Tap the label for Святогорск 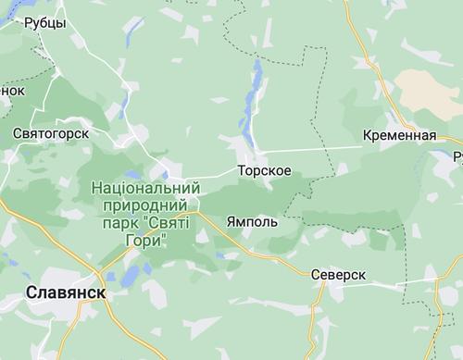(50, 133)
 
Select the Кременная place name (400, 136)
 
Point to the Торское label (265, 172)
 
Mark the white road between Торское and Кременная (315, 148)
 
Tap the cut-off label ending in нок (11, 91)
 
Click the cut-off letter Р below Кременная (458, 157)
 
